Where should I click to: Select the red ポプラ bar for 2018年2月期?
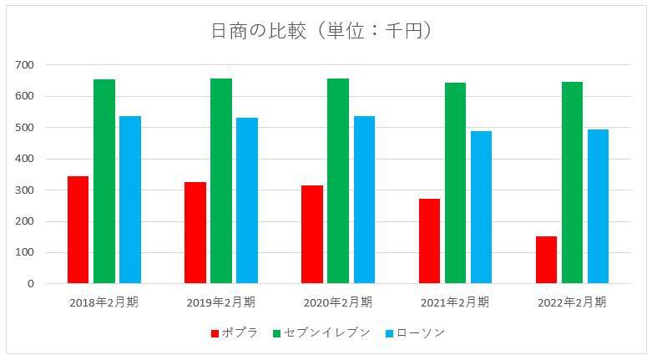point(78,230)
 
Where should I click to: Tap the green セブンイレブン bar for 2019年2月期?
point(221,181)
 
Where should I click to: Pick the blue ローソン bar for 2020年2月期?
point(364,200)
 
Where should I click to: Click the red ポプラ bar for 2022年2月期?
point(546,260)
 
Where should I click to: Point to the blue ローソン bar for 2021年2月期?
point(481,207)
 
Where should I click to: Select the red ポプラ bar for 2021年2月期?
point(429,241)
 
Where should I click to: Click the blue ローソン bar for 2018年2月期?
point(130,200)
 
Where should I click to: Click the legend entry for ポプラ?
point(235,333)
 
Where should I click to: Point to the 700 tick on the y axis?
point(25,65)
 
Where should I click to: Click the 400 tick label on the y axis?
point(25,159)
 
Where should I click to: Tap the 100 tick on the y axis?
point(25,253)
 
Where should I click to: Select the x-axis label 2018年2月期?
point(104,302)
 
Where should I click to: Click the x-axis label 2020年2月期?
point(338,302)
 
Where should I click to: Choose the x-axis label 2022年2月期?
point(572,302)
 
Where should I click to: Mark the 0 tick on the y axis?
point(30,284)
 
